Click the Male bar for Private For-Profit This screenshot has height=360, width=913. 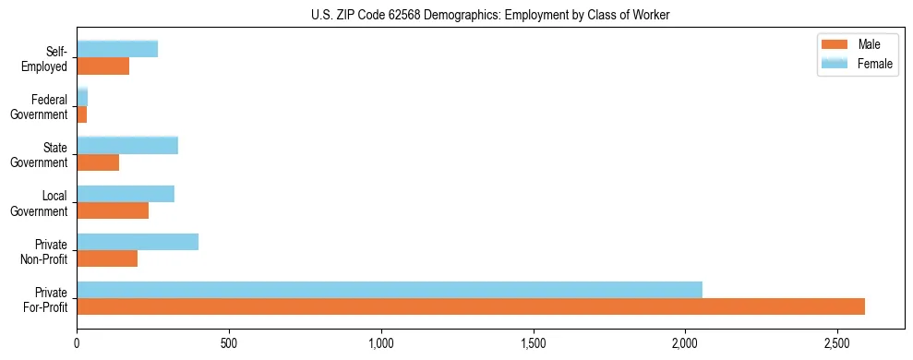pos(471,306)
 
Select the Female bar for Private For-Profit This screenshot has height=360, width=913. pos(390,290)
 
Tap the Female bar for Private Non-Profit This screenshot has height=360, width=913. pos(138,242)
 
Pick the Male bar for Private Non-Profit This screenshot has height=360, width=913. pos(107,258)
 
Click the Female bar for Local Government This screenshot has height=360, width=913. pos(126,194)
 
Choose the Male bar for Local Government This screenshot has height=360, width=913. pos(113,210)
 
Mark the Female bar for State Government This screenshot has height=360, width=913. pos(127,146)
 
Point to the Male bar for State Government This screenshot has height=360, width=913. pos(98,162)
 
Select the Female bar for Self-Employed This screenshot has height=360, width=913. pos(117,49)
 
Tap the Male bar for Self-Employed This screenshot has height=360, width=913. pos(103,66)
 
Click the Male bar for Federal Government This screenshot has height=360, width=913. pos(82,114)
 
